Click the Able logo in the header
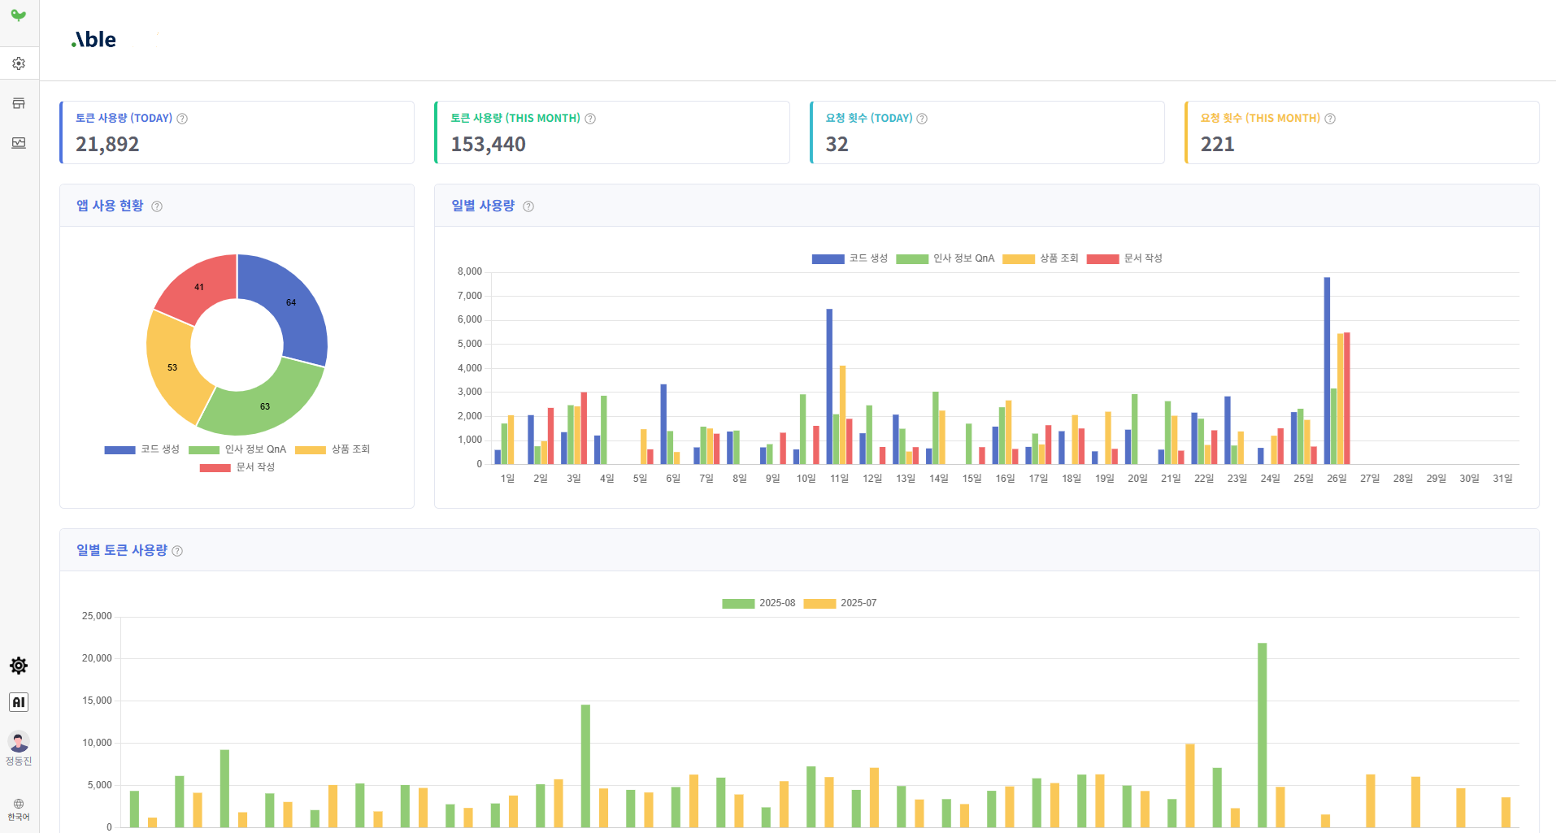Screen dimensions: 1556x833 click(x=93, y=39)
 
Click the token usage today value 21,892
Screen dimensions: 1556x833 click(x=107, y=144)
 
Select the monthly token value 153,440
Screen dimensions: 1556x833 click(x=488, y=144)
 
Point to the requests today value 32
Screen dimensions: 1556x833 click(x=837, y=144)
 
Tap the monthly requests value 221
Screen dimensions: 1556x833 click(x=1217, y=144)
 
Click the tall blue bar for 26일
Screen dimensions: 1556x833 click(x=1327, y=371)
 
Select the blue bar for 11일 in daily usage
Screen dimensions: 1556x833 click(x=829, y=386)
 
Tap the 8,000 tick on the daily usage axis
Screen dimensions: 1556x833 click(x=470, y=271)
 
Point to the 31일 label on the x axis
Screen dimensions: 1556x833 click(x=1502, y=479)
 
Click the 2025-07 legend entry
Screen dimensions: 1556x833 click(x=840, y=603)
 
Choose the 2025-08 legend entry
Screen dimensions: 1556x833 click(x=758, y=603)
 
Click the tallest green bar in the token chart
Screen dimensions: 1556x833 click(x=1262, y=735)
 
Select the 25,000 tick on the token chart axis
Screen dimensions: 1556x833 click(x=97, y=616)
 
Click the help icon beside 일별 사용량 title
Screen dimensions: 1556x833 click(x=528, y=206)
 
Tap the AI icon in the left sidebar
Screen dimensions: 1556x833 click(x=19, y=702)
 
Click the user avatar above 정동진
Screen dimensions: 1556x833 click(x=19, y=741)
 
